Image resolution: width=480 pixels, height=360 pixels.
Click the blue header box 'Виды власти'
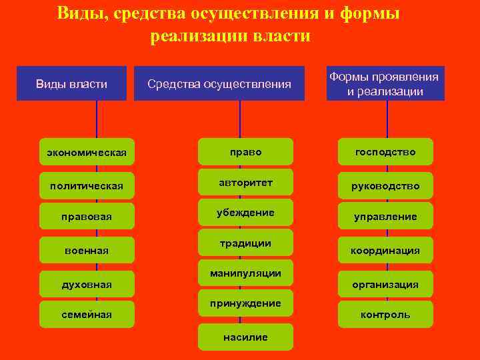coord(71,83)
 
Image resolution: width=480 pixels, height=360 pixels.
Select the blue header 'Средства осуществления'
coord(219,83)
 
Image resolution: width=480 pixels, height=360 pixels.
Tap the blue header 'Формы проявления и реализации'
coord(385,84)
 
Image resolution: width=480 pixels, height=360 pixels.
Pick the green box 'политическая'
coord(87,185)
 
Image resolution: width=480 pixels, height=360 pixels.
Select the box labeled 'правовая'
coord(87,217)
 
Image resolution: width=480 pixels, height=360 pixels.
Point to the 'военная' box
coord(87,250)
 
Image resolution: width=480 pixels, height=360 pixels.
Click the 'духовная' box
coord(87,285)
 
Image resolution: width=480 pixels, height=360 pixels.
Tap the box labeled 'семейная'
coord(87,314)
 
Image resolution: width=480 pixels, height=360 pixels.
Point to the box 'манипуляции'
coord(245,273)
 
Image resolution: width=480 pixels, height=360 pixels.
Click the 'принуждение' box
coord(245,303)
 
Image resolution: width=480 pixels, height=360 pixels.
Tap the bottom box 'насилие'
coord(245,337)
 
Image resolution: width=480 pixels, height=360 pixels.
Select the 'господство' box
coord(385,152)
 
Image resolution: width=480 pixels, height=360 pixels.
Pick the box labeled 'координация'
coord(385,251)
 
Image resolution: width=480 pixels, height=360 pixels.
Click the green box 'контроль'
coord(385,314)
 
